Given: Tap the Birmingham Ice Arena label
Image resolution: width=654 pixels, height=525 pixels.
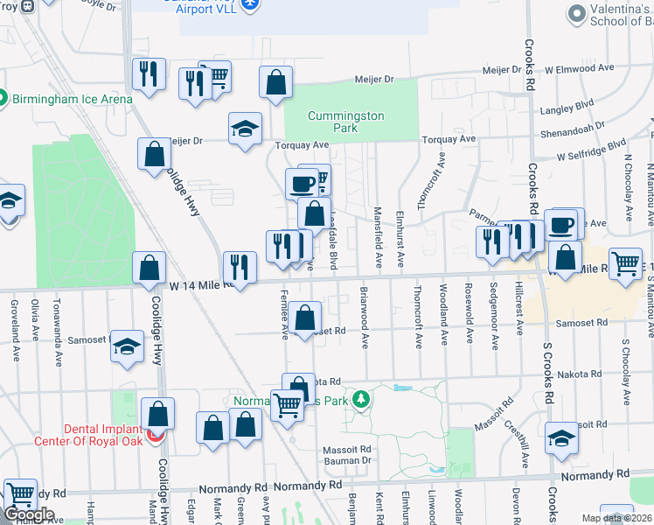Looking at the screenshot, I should tap(73, 99).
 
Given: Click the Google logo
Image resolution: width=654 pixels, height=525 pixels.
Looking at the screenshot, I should tap(29, 514).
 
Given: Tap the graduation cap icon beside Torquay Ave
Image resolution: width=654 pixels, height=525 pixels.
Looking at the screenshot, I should tap(245, 129).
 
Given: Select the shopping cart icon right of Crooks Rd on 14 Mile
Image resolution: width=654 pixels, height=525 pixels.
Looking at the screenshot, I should tap(625, 262).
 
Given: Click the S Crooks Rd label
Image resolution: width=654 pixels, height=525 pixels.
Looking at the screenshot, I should tap(548, 376).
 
